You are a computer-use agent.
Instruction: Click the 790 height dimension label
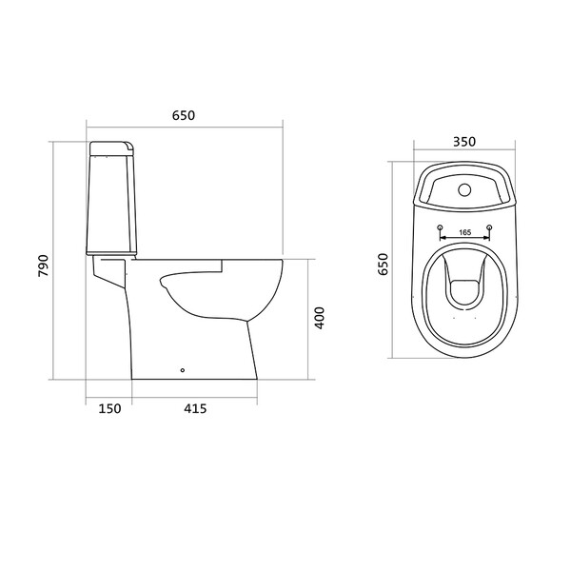pyautogui.click(x=43, y=266)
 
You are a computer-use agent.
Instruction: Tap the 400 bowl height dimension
pyautogui.click(x=319, y=318)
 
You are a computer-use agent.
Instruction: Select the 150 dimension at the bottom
pyautogui.click(x=109, y=408)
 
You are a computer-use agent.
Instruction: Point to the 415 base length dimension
pyautogui.click(x=195, y=408)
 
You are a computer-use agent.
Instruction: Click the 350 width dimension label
pyautogui.click(x=464, y=142)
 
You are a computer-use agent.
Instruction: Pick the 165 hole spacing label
pyautogui.click(x=465, y=232)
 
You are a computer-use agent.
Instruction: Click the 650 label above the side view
pyautogui.click(x=184, y=115)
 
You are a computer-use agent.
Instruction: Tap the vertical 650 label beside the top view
pyautogui.click(x=384, y=265)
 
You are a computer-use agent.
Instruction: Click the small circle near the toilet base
pyautogui.click(x=183, y=370)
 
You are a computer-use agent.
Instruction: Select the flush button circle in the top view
pyautogui.click(x=464, y=189)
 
